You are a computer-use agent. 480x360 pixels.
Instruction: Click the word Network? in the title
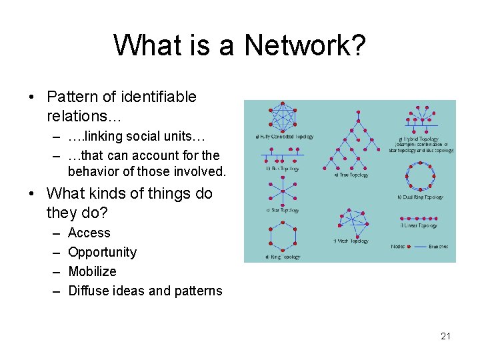tap(305, 47)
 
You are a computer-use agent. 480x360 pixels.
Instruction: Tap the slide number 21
tap(445, 336)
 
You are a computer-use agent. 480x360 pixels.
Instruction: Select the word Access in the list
tap(89, 233)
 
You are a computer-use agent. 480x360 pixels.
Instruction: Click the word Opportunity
tap(102, 252)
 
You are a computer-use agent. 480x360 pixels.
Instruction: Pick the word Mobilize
tap(92, 271)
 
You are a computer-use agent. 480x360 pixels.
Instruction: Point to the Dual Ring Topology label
tap(421, 197)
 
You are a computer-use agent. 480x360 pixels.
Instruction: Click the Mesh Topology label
tap(351, 241)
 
